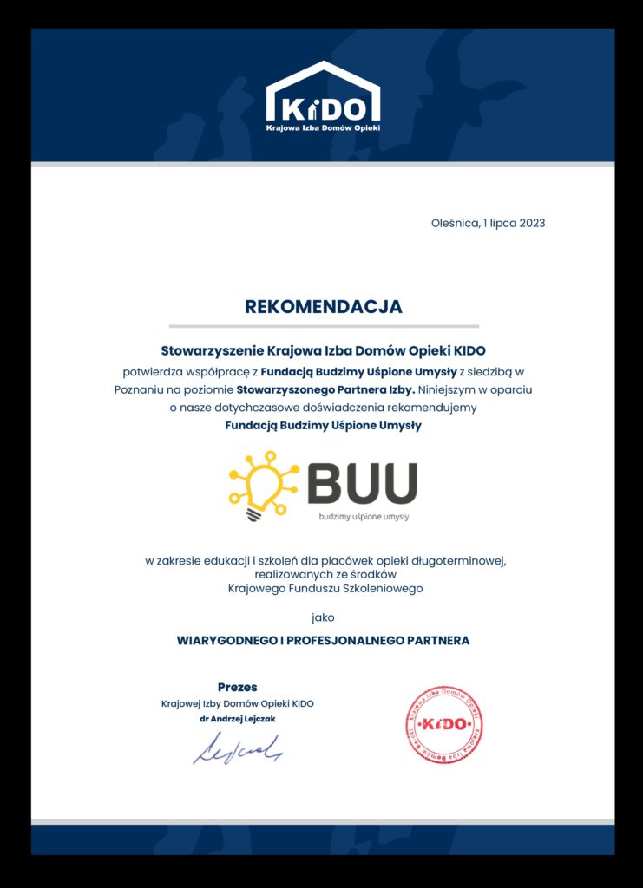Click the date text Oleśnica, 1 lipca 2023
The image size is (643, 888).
click(488, 223)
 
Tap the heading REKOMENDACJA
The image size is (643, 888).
click(324, 306)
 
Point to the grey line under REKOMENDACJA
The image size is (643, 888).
click(324, 326)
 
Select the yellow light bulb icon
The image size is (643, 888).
click(261, 484)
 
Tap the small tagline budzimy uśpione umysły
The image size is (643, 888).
click(364, 516)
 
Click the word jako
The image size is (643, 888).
click(322, 617)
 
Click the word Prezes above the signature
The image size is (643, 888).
click(237, 687)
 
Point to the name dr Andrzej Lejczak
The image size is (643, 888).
click(237, 719)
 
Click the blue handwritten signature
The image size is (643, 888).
click(237, 748)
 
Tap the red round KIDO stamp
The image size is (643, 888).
click(443, 724)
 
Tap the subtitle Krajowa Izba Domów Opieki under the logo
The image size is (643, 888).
click(323, 127)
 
